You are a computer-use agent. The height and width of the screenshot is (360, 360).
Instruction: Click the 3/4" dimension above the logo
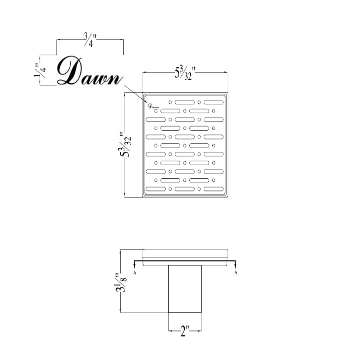(90, 40)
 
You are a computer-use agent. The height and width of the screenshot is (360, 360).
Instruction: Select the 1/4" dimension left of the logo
(40, 70)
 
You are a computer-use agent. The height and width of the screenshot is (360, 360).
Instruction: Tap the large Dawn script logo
(89, 70)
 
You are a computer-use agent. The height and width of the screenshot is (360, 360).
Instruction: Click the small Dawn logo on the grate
(153, 106)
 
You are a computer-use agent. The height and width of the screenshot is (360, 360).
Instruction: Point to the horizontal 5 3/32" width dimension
(185, 73)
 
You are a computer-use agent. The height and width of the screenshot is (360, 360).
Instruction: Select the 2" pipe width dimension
(185, 331)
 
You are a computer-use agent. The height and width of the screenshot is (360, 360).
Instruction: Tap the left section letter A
(135, 272)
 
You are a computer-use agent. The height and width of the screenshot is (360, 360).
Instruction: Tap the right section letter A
(236, 272)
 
